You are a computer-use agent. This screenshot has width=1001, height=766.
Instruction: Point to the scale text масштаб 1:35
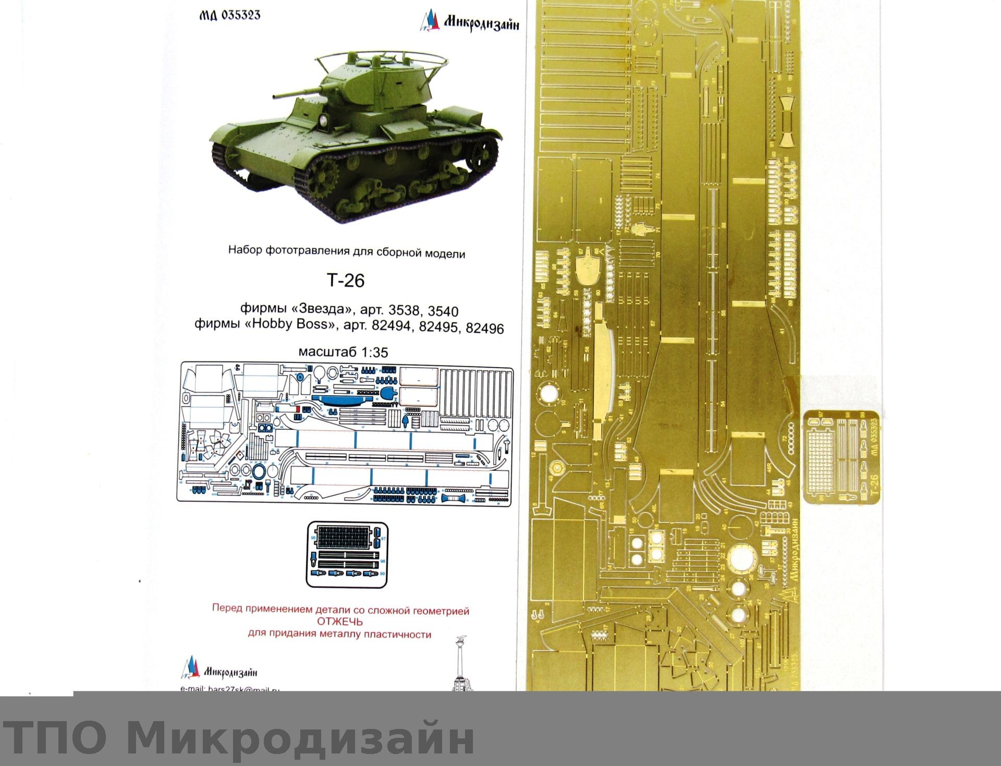[343, 352]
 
